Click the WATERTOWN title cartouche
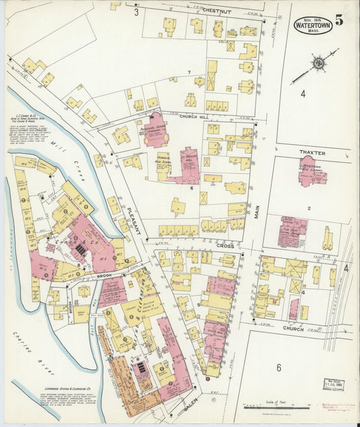[x=312, y=26]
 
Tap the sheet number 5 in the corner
[x=338, y=20]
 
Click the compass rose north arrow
[x=317, y=63]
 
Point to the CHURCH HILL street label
[x=196, y=116]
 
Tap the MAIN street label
[x=257, y=214]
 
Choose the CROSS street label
[x=225, y=246]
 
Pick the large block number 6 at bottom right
[x=278, y=368]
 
